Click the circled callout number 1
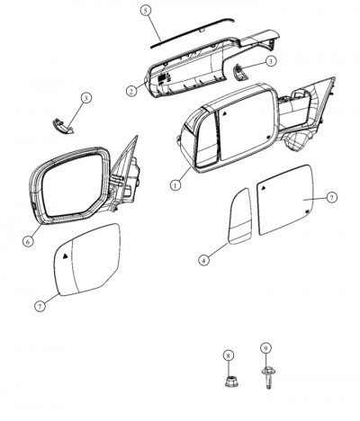(175, 184)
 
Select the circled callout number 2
(131, 91)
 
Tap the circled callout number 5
(146, 11)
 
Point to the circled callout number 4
(203, 260)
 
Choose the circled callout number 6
(28, 241)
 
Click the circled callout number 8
(228, 355)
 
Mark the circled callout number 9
(265, 348)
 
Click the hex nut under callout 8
(230, 381)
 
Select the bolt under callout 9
(268, 378)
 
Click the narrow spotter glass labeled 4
(239, 216)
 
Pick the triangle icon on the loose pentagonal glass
(66, 255)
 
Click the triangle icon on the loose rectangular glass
(264, 188)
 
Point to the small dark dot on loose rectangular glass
(307, 211)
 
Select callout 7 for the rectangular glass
(331, 197)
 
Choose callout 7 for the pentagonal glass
(40, 306)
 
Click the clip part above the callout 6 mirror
(62, 126)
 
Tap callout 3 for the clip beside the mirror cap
(271, 61)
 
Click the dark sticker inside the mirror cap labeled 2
(162, 77)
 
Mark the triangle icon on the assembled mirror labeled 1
(224, 113)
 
